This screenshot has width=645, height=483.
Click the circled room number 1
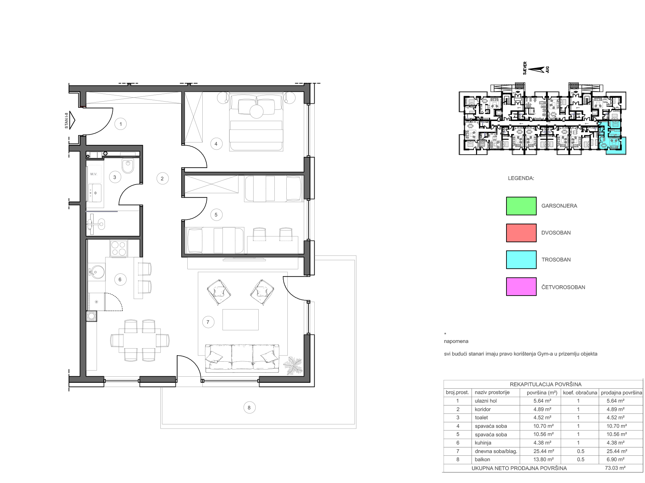[x=120, y=124]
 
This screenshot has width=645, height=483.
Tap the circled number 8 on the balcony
[x=249, y=407]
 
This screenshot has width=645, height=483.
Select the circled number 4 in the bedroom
[x=216, y=144]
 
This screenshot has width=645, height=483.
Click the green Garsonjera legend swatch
[x=521, y=206]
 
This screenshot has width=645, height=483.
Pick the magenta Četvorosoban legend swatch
[x=521, y=286]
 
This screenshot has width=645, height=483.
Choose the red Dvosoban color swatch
[x=521, y=233]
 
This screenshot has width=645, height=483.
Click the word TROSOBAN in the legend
[x=556, y=260]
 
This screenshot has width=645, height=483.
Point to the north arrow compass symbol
[x=536, y=70]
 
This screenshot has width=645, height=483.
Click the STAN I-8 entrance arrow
[x=72, y=120]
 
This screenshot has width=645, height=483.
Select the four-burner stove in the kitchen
[x=119, y=248]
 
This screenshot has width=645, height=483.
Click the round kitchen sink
[x=97, y=272]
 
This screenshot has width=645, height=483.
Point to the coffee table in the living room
[x=241, y=320]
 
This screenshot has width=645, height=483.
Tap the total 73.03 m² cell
[x=615, y=468]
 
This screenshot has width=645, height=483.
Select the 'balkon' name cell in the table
[x=482, y=459]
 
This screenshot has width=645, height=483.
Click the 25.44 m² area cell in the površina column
[x=544, y=451]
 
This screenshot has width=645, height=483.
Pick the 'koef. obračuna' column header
[x=580, y=393]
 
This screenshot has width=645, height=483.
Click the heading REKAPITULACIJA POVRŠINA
[x=545, y=384]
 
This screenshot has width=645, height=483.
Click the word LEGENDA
[x=521, y=178]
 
